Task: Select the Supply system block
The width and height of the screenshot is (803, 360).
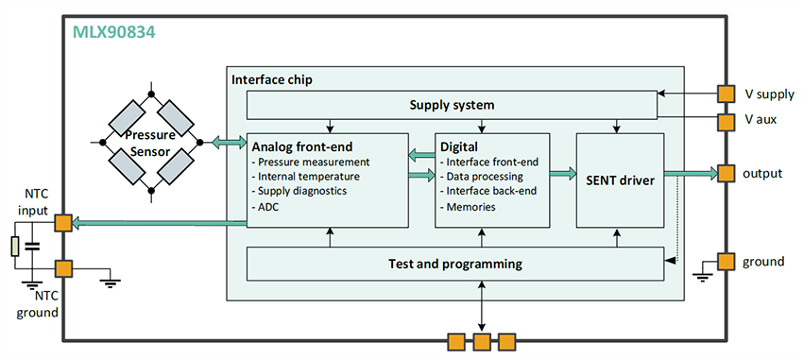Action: tap(451, 103)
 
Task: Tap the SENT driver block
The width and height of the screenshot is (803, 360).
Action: tap(619, 180)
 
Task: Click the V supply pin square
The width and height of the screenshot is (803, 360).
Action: tap(726, 94)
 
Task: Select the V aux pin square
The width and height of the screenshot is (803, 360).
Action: tap(726, 122)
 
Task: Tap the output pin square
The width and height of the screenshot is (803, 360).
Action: tap(726, 173)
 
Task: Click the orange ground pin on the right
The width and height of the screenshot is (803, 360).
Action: tap(726, 262)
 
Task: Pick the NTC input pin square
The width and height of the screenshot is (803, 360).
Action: tap(62, 223)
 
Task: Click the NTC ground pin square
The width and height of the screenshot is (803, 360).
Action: tap(62, 268)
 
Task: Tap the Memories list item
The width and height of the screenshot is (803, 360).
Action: tap(470, 206)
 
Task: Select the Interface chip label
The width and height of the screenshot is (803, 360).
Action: tap(272, 79)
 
